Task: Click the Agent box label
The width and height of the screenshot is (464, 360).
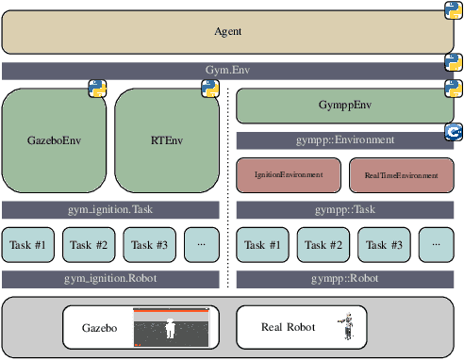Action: pyautogui.click(x=228, y=31)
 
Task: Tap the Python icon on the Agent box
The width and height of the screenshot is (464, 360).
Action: pyautogui.click(x=453, y=10)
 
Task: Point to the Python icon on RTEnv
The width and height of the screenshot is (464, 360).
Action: pyautogui.click(x=210, y=89)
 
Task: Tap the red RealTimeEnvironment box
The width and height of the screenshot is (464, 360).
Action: pyautogui.click(x=401, y=175)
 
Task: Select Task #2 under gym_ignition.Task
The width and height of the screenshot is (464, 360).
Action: pyautogui.click(x=88, y=245)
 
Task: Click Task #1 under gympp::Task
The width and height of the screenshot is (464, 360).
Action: pyautogui.click(x=262, y=245)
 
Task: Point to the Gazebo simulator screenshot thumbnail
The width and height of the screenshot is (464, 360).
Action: pyautogui.click(x=169, y=328)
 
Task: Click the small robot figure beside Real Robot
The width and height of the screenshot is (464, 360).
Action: pyautogui.click(x=348, y=327)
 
